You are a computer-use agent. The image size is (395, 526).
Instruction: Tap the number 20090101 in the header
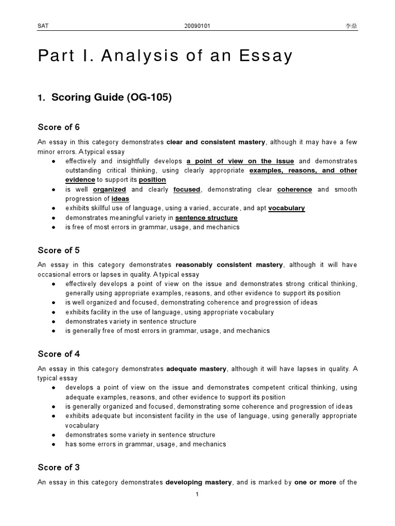[197, 26]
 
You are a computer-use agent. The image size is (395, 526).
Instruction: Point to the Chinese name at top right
[351, 26]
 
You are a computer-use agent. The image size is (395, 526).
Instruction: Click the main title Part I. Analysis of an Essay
[165, 56]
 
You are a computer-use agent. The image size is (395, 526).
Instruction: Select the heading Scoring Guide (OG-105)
[104, 98]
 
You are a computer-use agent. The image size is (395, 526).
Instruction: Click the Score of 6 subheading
[59, 127]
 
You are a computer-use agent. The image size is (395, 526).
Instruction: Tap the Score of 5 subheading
[59, 251]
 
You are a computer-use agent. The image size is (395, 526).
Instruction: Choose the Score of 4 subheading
[59, 354]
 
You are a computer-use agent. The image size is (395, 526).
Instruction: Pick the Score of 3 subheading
[59, 467]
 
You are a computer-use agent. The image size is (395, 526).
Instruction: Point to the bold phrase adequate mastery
[196, 369]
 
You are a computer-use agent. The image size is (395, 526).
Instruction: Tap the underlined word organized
[110, 190]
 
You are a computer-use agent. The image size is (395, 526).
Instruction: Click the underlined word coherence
[294, 190]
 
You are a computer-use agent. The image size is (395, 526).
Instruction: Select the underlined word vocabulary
[286, 209]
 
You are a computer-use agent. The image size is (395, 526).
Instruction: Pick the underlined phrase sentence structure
[206, 218]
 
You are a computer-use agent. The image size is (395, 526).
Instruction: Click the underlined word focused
[187, 190]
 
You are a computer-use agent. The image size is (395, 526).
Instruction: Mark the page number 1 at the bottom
[197, 495]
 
